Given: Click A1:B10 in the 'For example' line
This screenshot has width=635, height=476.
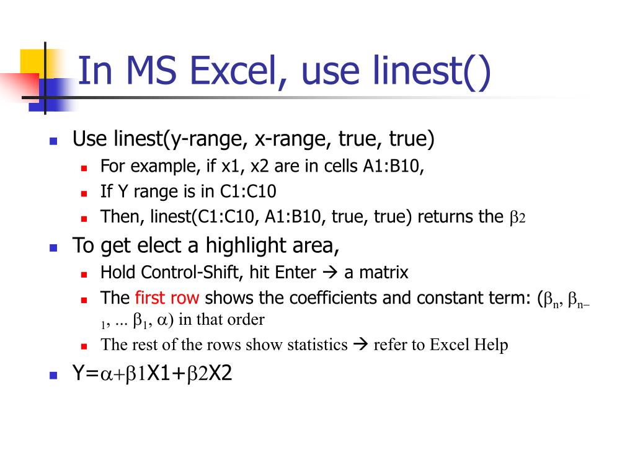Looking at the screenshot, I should [x=394, y=167].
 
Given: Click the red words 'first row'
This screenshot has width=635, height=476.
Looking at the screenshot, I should [x=167, y=298].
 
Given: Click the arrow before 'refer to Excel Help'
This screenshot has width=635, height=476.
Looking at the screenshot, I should [x=360, y=345].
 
